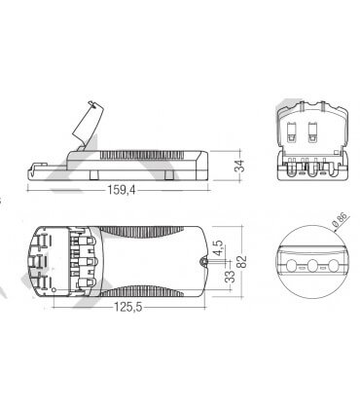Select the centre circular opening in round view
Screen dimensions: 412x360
click(x=311, y=265)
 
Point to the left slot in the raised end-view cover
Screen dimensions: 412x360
click(x=299, y=136)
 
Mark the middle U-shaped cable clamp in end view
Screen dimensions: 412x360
click(x=310, y=168)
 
